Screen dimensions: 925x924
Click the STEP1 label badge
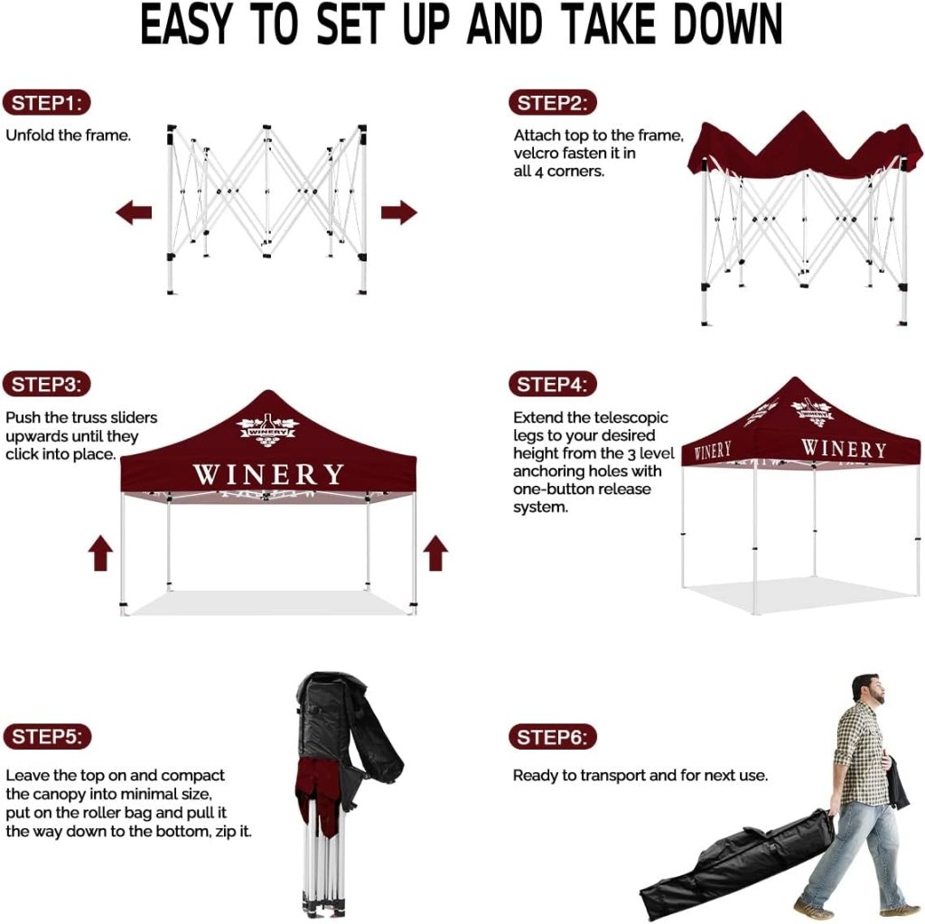[47, 103]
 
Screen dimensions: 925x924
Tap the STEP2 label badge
[553, 103]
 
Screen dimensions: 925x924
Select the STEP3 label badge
[47, 385]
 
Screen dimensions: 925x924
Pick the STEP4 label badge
[553, 385]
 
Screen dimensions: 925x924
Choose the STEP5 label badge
[47, 736]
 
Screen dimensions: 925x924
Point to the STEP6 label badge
[553, 737]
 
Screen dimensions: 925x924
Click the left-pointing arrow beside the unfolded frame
[134, 212]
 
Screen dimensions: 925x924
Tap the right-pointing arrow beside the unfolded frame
[399, 212]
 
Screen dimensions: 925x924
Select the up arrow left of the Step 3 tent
[100, 552]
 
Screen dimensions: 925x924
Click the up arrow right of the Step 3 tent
[435, 552]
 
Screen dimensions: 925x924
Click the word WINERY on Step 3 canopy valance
[268, 474]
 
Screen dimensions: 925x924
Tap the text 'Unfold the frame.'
[69, 135]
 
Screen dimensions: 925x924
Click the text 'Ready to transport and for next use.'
[640, 775]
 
